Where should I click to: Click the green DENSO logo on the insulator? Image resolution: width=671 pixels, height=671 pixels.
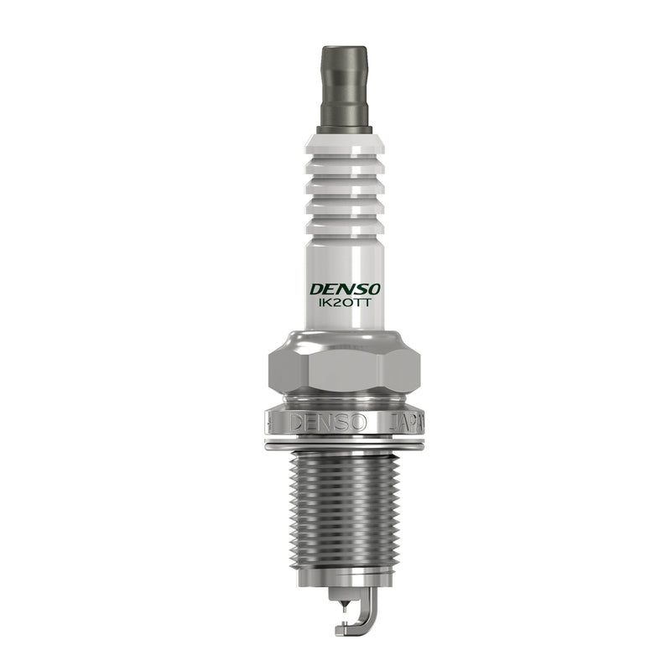click(x=345, y=289)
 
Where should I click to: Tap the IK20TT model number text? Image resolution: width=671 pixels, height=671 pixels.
click(x=344, y=303)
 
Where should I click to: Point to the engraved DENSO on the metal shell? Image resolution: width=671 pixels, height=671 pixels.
click(x=328, y=423)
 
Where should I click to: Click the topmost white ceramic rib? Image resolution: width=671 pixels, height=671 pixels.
click(x=345, y=144)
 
